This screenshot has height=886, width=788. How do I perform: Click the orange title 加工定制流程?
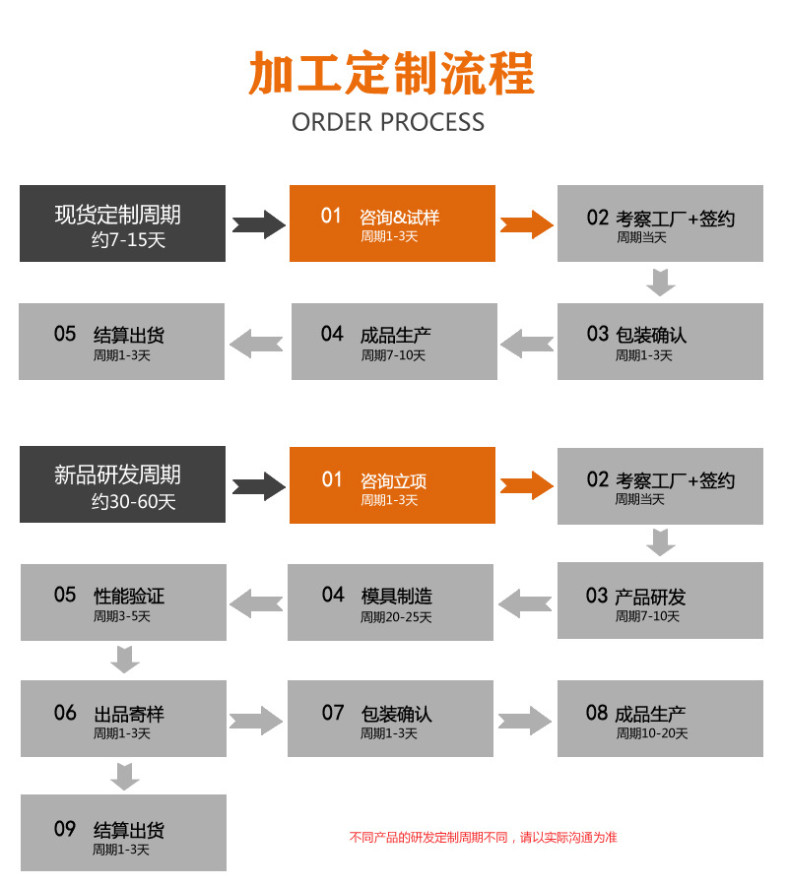pyautogui.click(x=391, y=75)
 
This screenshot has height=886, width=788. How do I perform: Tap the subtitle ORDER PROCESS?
pyautogui.click(x=388, y=122)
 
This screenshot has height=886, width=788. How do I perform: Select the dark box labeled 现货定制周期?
pyautogui.click(x=122, y=223)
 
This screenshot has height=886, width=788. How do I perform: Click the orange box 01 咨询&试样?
pyautogui.click(x=392, y=223)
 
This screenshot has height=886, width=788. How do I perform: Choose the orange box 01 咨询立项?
pyautogui.click(x=392, y=485)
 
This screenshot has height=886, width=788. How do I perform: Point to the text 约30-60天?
pyautogui.click(x=134, y=502)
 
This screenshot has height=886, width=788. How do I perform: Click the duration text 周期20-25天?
pyautogui.click(x=396, y=617)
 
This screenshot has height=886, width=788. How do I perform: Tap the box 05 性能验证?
pyautogui.click(x=123, y=602)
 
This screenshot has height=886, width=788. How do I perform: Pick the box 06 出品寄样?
pyautogui.click(x=123, y=719)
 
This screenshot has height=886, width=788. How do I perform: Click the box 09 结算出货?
pyautogui.click(x=123, y=833)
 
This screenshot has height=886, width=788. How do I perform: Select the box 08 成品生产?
pyautogui.click(x=660, y=719)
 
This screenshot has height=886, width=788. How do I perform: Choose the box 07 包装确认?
pyautogui.click(x=390, y=719)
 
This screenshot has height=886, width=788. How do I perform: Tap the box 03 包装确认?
pyautogui.click(x=660, y=342)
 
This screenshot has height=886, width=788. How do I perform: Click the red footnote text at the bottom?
pyautogui.click(x=483, y=837)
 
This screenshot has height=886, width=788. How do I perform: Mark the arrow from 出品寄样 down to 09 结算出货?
pyautogui.click(x=124, y=776)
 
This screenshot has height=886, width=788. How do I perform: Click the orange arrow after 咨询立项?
pyautogui.click(x=526, y=485)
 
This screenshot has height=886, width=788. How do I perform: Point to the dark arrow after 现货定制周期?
pyautogui.click(x=258, y=223)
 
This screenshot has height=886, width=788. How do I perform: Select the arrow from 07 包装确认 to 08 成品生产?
pyautogui.click(x=525, y=720)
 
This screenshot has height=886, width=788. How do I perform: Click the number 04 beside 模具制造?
pyautogui.click(x=333, y=595)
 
